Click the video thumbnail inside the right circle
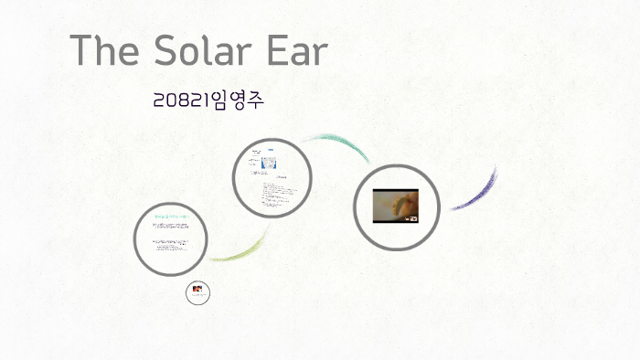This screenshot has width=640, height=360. coord(395,206)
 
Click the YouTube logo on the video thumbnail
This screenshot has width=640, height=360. coord(411,218)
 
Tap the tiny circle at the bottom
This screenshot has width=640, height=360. coord(198,293)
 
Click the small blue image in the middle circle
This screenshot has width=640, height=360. coord(270,163)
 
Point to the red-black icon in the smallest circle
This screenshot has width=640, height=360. coord(198,293)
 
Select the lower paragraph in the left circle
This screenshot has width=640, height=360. coord(169,246)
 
